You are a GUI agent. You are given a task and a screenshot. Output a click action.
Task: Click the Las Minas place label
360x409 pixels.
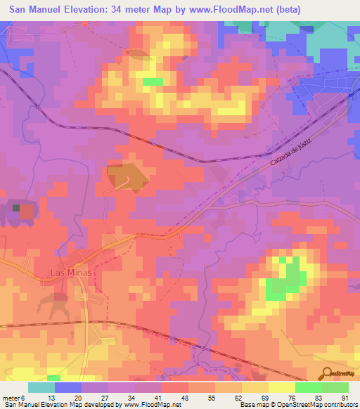click(x=72, y=273)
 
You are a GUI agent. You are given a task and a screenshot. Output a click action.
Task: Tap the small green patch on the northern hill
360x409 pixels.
click(x=153, y=82)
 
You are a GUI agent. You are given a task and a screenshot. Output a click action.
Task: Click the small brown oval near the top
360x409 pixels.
click(x=138, y=53)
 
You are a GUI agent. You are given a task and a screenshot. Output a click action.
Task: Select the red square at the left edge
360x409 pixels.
click(x=26, y=210)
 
